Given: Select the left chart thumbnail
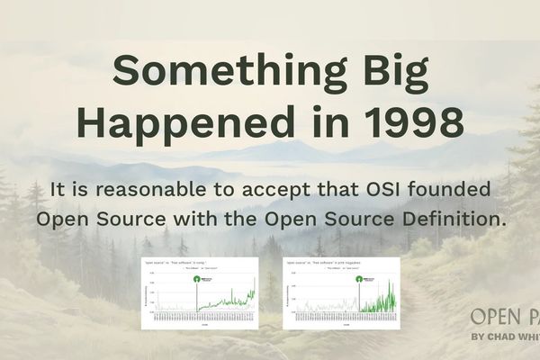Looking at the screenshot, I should point(199,292).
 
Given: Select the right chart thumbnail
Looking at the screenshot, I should point(340,292).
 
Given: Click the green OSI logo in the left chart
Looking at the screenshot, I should point(198,279).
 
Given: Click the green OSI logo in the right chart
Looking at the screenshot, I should point(360,279).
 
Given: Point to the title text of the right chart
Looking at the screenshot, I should point(315,262).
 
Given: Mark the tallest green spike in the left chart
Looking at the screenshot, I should point(254,284).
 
